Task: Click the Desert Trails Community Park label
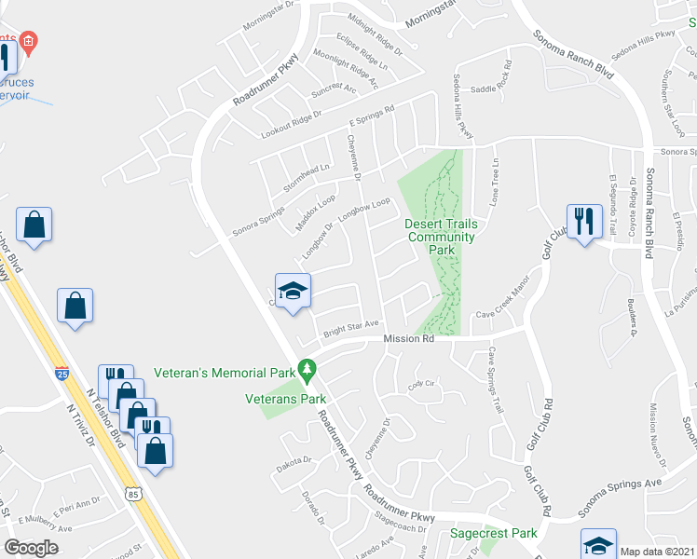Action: tap(441, 237)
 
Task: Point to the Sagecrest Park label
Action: tap(493, 534)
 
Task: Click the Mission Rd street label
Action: tap(409, 341)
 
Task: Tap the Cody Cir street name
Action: tap(422, 384)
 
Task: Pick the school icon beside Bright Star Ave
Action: tap(293, 291)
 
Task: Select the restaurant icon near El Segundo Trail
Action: tap(585, 222)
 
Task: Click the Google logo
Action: tap(31, 548)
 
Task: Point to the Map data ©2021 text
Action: tap(657, 552)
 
